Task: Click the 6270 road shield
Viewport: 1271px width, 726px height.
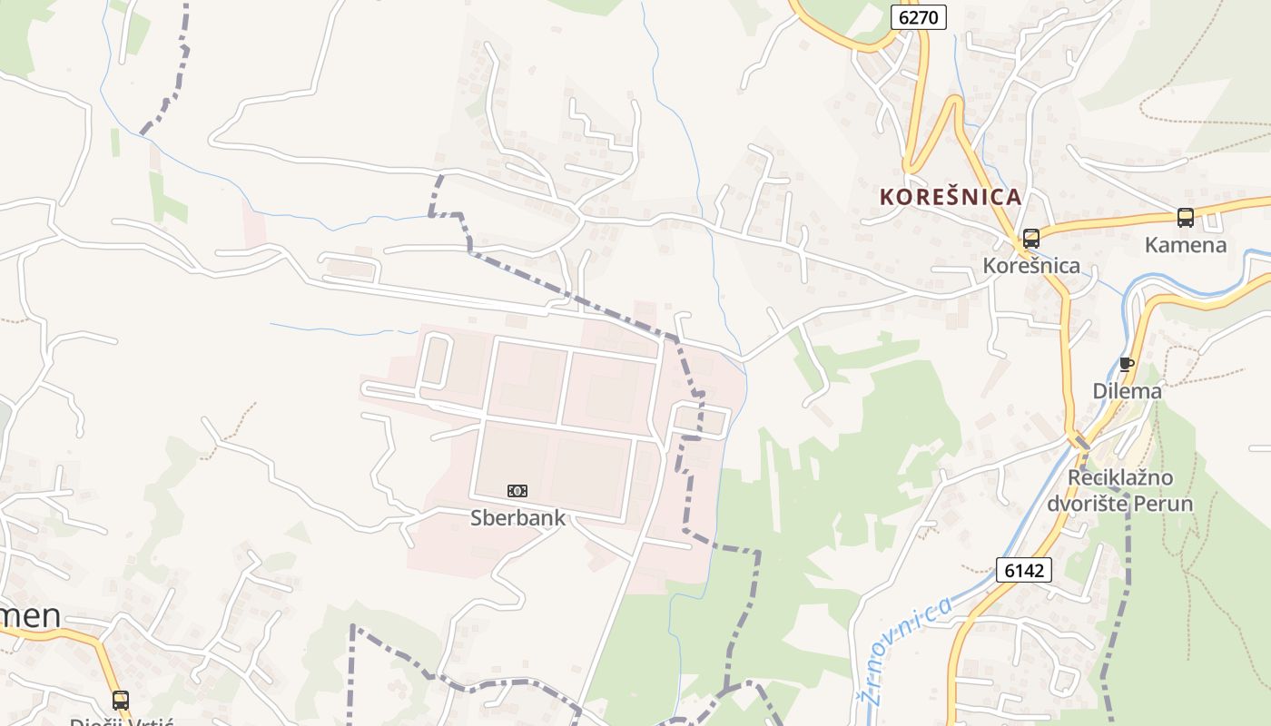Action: point(918,16)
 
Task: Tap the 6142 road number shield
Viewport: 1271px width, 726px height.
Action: point(1024,570)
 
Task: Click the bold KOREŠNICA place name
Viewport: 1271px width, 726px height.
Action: point(951,197)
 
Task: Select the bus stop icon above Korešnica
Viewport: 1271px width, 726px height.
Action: point(1030,239)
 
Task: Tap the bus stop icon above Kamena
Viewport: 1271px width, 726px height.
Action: point(1185,218)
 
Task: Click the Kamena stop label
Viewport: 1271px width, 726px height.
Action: point(1185,245)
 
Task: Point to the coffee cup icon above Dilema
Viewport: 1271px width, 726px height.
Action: point(1127,365)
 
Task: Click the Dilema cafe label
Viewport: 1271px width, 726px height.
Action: point(1127,391)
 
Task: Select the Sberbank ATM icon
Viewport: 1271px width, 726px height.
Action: point(517,491)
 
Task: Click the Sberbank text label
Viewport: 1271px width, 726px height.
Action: point(517,518)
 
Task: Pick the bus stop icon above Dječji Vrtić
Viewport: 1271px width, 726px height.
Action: point(121,700)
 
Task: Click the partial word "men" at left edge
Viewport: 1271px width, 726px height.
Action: point(32,616)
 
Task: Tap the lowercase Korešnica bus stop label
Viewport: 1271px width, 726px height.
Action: point(1031,266)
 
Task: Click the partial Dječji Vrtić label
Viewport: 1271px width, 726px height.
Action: point(121,721)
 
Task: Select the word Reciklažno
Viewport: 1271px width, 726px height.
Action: point(1120,478)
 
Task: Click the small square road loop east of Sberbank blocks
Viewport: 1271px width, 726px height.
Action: point(701,421)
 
